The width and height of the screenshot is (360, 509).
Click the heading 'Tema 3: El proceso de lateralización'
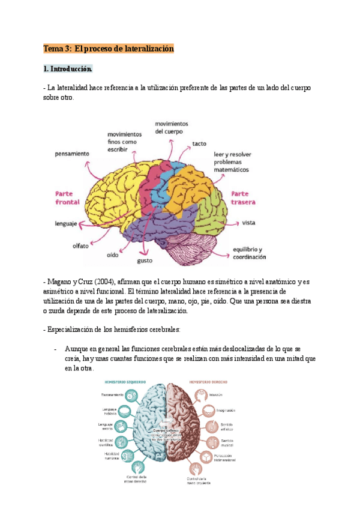(x=109, y=48)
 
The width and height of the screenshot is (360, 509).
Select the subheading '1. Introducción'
(x=68, y=69)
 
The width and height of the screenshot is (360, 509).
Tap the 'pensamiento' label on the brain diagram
(x=72, y=154)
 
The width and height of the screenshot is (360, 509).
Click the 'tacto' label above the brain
(x=199, y=144)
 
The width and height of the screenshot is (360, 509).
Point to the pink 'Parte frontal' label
(x=68, y=198)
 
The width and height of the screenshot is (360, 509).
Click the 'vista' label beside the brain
(x=249, y=223)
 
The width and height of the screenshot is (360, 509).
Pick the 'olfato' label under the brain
(x=80, y=245)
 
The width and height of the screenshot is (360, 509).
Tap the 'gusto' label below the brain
(x=146, y=261)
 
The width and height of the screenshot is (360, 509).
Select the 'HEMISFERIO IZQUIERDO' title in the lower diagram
(x=126, y=382)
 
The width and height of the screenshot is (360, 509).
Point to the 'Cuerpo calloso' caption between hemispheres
(x=167, y=430)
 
